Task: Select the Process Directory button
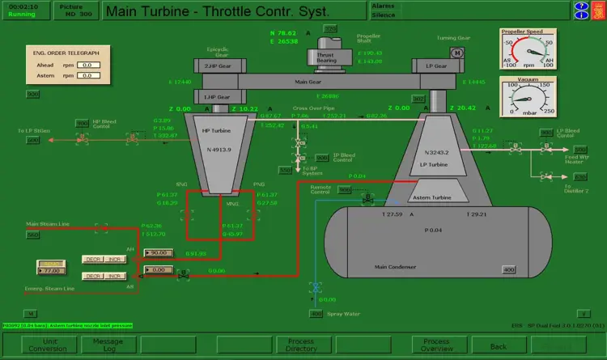click(x=301, y=345)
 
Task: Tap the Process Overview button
click(x=436, y=345)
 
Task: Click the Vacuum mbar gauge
click(x=528, y=99)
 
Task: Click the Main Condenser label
click(x=395, y=266)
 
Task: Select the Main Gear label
click(x=308, y=82)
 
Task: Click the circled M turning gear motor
click(x=456, y=52)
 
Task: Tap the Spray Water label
click(x=345, y=313)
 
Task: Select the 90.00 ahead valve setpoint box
click(x=158, y=252)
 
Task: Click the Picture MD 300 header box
click(x=76, y=11)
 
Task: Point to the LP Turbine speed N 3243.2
click(x=435, y=152)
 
